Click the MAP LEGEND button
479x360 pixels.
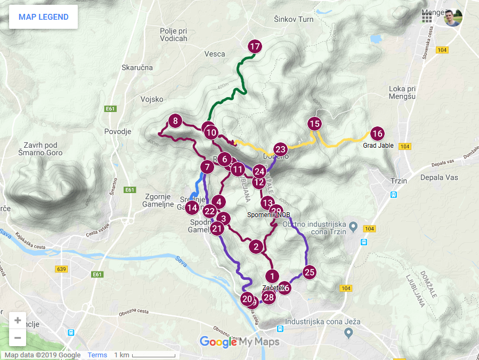click(x=43, y=17)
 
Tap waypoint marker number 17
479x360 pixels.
click(x=255, y=47)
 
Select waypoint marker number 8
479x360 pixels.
click(x=175, y=122)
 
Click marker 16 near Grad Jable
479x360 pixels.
click(x=377, y=134)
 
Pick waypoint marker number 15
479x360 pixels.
click(x=314, y=124)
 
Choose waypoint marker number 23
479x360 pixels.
click(x=280, y=149)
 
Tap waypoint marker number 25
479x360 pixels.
click(x=310, y=272)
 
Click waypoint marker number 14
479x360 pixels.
click(x=192, y=208)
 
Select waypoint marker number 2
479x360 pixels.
click(x=256, y=246)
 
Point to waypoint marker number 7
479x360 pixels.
click(x=207, y=167)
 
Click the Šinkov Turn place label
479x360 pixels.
click(x=294, y=19)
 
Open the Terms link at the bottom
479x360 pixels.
click(x=98, y=355)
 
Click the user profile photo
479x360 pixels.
click(x=453, y=17)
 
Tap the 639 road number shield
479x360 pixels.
click(x=61, y=269)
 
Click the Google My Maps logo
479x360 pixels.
click(x=239, y=342)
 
